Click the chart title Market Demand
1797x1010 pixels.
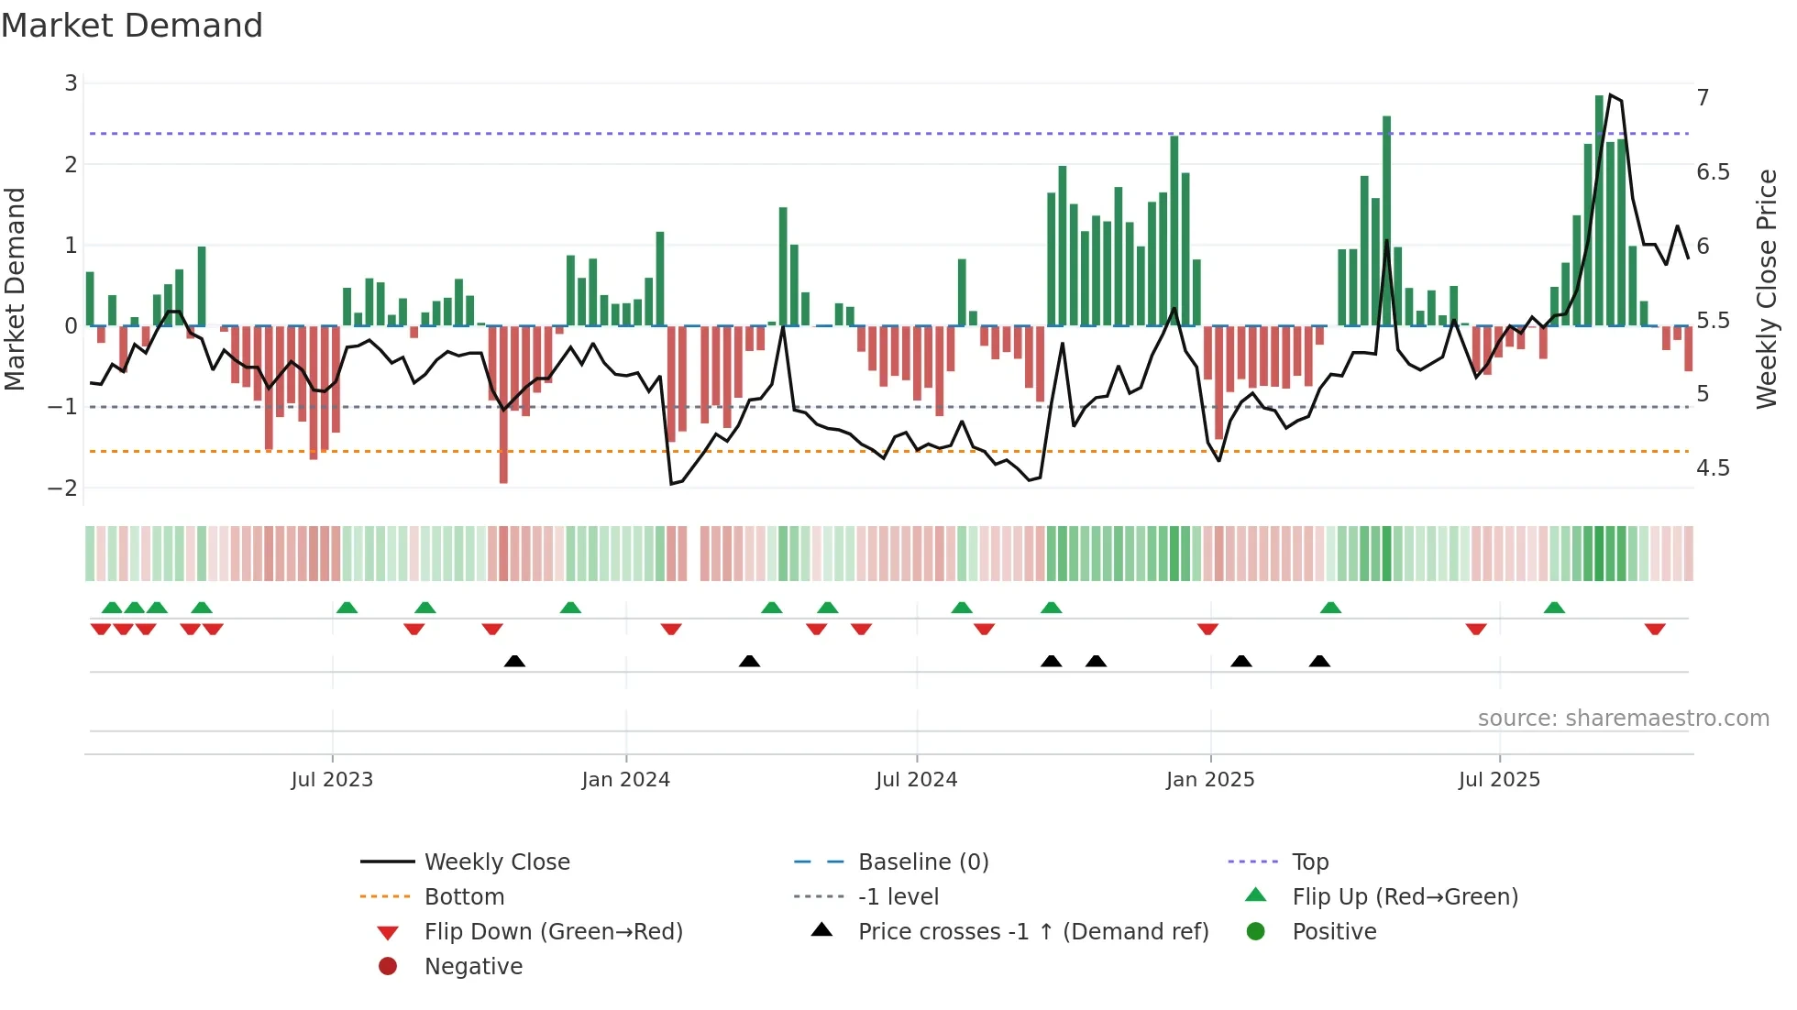tap(132, 26)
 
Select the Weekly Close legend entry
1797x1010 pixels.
tap(496, 862)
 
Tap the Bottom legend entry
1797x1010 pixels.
tap(464, 896)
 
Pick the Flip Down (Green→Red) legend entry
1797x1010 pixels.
tap(553, 931)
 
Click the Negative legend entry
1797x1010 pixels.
tap(473, 966)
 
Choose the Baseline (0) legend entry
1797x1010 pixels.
tap(922, 862)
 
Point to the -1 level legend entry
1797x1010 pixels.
tap(898, 896)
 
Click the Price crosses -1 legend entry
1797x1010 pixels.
tap(1032, 931)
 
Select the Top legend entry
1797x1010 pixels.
tap(1310, 862)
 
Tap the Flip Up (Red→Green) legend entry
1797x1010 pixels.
tap(1405, 896)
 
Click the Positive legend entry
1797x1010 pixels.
tap(1334, 931)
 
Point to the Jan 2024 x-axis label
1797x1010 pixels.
tap(625, 780)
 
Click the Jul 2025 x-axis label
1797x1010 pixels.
tap(1499, 780)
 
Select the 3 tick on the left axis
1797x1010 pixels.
tap(71, 83)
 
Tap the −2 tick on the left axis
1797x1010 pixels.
tap(63, 488)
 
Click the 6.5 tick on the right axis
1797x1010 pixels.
tap(1713, 172)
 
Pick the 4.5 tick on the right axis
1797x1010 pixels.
tap(1713, 468)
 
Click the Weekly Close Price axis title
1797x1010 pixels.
tap(1766, 289)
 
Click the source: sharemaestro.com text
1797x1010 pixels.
tap(1623, 719)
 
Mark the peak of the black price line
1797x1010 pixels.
tap(1611, 94)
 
